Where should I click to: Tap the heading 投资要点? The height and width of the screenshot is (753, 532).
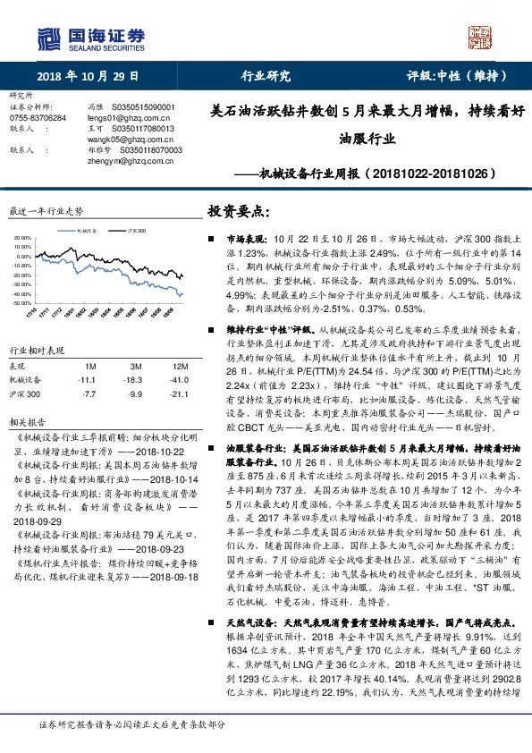tap(238, 211)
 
